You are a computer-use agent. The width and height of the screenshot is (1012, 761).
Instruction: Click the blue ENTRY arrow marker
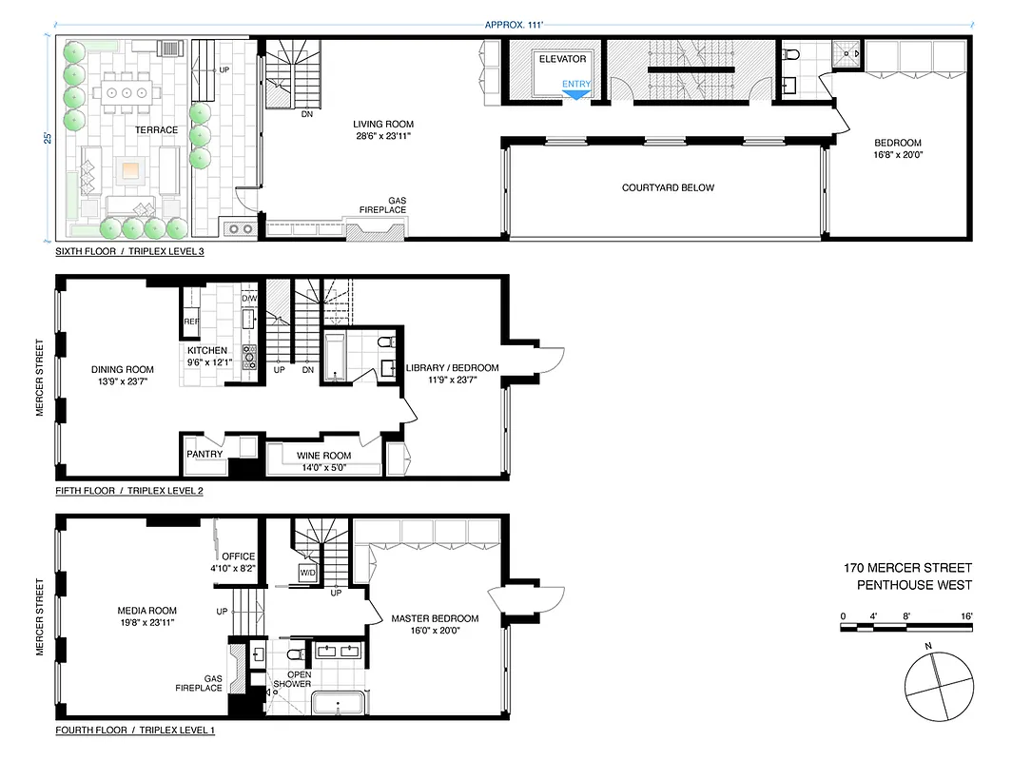coord(576,92)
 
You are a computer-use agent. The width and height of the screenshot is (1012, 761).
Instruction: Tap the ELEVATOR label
coord(562,59)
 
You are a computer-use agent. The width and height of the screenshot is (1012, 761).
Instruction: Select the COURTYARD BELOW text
coord(668,187)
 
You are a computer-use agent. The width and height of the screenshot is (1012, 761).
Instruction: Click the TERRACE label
coord(156,130)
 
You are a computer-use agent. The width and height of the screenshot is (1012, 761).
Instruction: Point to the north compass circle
coord(939,686)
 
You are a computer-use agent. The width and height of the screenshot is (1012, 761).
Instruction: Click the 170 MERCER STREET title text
coord(907,569)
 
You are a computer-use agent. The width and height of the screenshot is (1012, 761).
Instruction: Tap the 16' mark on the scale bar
coord(966,616)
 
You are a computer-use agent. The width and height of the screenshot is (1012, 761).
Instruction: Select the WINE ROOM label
coord(323,456)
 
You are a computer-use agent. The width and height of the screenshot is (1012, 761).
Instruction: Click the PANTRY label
coord(204,454)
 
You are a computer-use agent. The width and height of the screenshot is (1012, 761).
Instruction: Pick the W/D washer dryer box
coord(308,574)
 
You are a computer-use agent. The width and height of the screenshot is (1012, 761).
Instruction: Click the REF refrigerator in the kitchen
coord(189,322)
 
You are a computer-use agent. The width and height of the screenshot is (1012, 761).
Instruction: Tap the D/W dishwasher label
coord(249,299)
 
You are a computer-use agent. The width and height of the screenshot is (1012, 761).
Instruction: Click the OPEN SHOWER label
coord(292,679)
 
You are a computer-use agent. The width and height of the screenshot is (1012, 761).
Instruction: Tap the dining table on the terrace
coord(125,93)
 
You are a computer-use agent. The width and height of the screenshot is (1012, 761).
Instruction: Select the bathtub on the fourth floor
coord(338,705)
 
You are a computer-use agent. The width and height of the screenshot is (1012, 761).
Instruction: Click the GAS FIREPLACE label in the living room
coord(382,205)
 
